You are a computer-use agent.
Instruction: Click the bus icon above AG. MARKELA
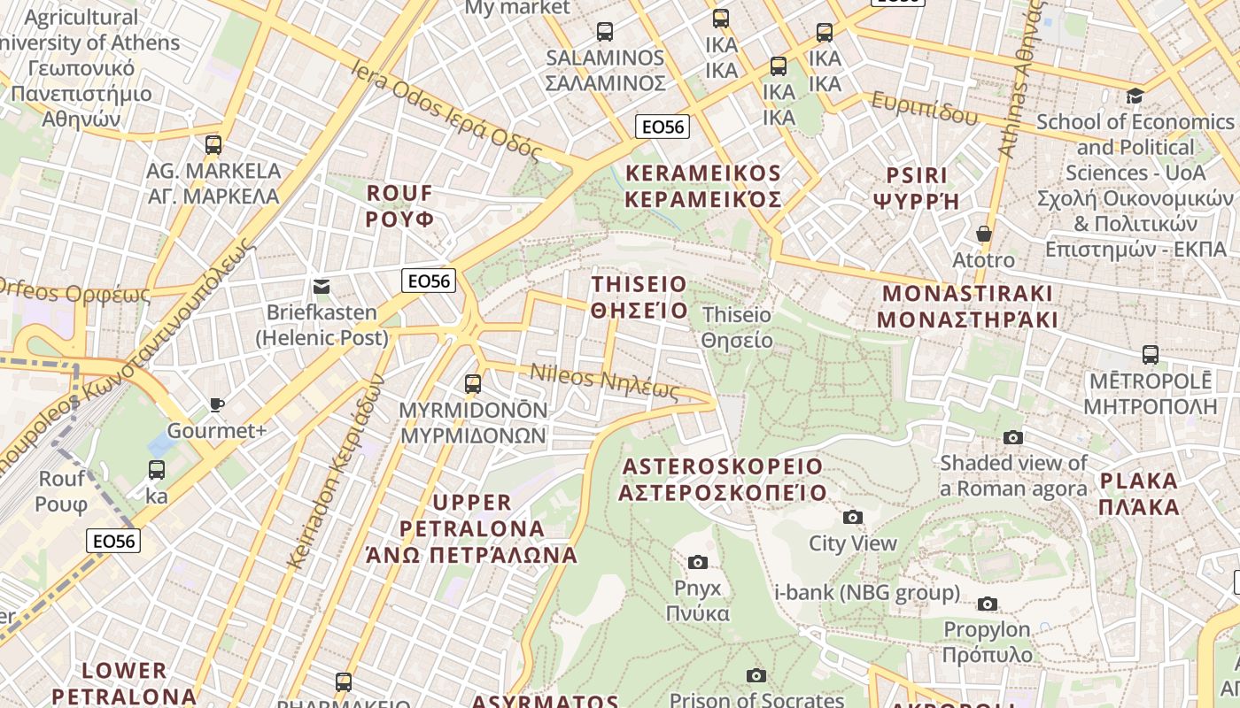coord(213,144)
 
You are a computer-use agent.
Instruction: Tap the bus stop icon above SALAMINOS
coord(605,32)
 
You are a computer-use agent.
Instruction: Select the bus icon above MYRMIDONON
coord(473,383)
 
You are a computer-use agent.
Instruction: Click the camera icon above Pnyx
coord(698,562)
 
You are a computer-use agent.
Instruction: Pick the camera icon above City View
coord(853,517)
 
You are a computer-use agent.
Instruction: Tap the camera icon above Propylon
coord(988,604)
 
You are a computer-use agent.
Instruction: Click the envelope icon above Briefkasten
coord(322,286)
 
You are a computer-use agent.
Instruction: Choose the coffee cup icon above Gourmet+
coord(217,404)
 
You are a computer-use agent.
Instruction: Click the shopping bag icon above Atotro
coord(983,234)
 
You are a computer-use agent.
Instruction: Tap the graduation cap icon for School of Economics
coord(1135,96)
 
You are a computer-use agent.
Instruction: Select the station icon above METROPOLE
coord(1150,355)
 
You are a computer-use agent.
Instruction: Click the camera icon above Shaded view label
coord(1013,437)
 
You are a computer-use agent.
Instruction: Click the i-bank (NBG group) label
coord(867,592)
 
